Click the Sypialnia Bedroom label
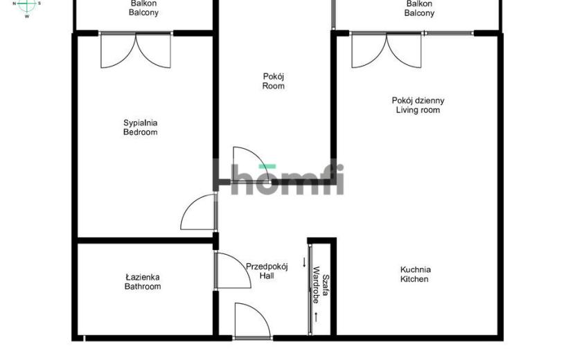point(141,127)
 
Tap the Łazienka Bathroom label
point(143,282)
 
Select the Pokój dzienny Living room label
point(418,105)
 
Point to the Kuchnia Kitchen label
point(415,274)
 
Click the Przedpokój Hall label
point(267,271)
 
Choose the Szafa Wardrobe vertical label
point(320,285)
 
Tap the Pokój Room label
point(274,81)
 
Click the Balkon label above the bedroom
point(144,8)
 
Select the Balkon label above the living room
point(420,8)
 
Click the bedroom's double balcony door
point(136,51)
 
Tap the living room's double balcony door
point(387,51)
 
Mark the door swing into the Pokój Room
point(251,165)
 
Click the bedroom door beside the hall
point(198,212)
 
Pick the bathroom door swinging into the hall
point(233,271)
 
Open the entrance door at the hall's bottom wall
point(253,321)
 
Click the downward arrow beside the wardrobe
point(304,262)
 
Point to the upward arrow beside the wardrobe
point(315,318)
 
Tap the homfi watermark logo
point(278,178)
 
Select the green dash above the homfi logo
point(267,166)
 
